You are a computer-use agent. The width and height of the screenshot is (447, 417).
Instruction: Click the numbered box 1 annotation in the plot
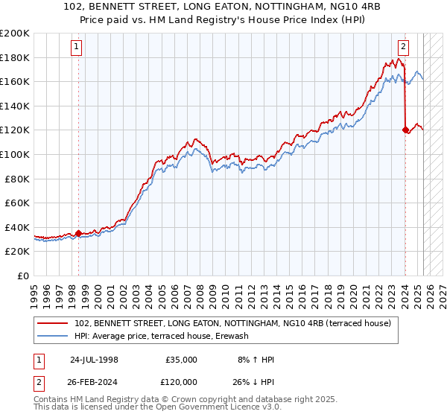pyautogui.click(x=77, y=47)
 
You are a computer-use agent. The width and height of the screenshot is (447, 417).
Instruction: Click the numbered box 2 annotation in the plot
pyautogui.click(x=403, y=47)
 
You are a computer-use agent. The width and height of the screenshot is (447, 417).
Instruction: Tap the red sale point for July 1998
pyautogui.click(x=78, y=233)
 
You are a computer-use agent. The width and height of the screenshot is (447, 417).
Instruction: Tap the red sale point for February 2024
pyautogui.click(x=405, y=130)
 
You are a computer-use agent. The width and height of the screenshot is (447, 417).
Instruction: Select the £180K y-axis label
pyautogui.click(x=15, y=57)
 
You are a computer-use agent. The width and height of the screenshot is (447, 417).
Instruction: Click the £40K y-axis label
pyautogui.click(x=17, y=227)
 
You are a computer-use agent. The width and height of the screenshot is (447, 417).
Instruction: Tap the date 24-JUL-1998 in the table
pyautogui.click(x=94, y=360)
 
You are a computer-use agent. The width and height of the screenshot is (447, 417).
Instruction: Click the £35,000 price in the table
pyautogui.click(x=180, y=360)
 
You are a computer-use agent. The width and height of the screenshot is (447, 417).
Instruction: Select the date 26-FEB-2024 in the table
pyautogui.click(x=94, y=380)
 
